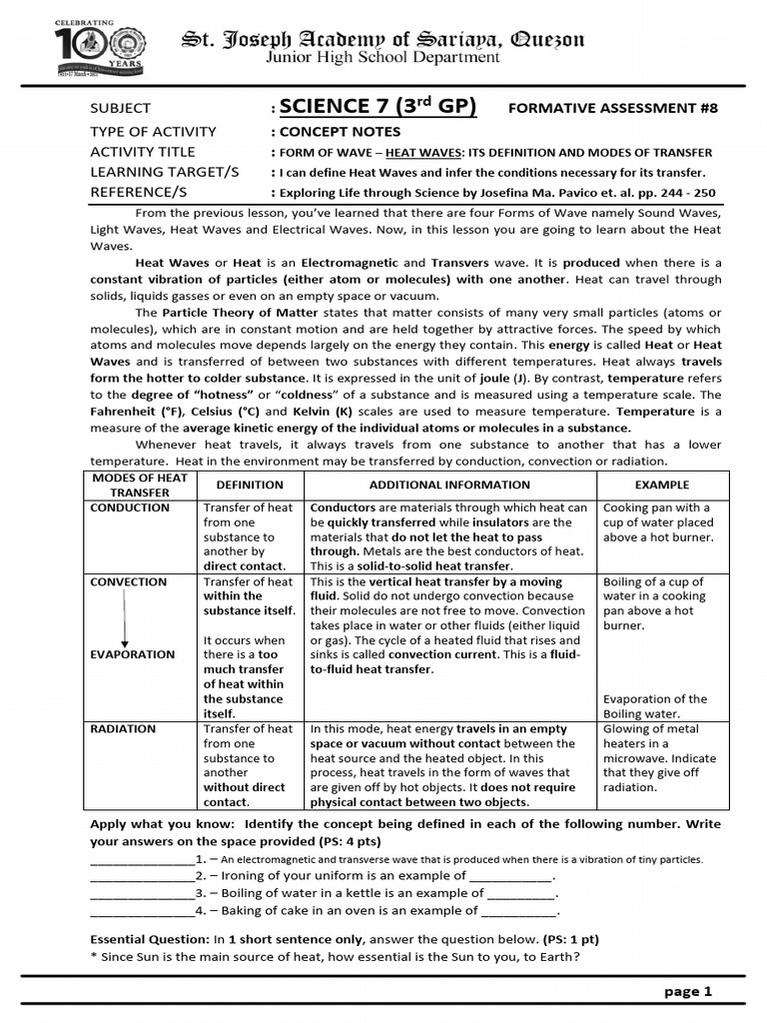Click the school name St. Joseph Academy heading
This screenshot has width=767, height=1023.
[383, 39]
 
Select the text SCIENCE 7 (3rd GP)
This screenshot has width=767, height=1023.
[378, 107]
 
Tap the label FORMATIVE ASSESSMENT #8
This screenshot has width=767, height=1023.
[613, 109]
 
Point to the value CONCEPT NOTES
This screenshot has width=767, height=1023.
[340, 132]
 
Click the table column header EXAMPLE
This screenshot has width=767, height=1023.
[661, 485]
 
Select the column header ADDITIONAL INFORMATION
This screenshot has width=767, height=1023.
[449, 485]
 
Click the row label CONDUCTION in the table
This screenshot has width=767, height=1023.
[130, 508]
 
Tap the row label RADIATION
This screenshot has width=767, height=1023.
[124, 729]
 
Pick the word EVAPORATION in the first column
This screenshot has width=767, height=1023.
[133, 655]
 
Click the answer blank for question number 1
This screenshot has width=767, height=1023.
[142, 858]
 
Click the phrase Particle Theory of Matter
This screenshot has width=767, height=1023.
[218, 313]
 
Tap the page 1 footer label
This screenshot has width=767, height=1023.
[688, 991]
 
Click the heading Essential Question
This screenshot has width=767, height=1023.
[150, 940]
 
